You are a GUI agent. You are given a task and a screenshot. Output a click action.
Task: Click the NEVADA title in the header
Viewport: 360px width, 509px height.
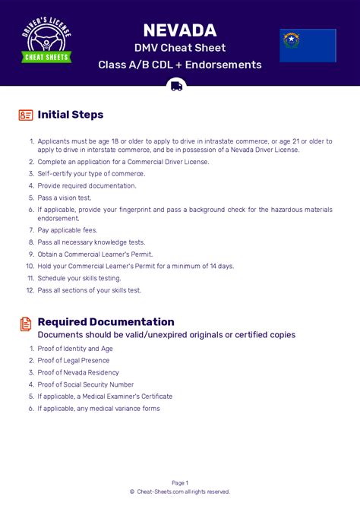[x=180, y=30]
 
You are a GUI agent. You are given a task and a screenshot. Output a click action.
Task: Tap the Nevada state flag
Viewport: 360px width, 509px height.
[x=308, y=45]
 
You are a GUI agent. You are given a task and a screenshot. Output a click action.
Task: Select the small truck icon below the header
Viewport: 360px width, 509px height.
[x=177, y=86]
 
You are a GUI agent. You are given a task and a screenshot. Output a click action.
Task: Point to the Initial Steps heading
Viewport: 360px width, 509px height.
[x=71, y=115]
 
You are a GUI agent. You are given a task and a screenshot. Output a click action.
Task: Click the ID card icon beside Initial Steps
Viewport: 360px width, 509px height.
[x=26, y=115]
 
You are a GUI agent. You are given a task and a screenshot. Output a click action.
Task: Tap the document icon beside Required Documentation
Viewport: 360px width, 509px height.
[x=26, y=324]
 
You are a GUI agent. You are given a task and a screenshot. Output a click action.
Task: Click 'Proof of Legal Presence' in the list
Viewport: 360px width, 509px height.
[x=74, y=361]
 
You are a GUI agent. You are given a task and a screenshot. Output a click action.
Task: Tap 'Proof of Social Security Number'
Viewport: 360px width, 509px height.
[x=85, y=384]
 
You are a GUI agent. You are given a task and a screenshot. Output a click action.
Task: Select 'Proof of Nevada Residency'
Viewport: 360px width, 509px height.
[x=78, y=372]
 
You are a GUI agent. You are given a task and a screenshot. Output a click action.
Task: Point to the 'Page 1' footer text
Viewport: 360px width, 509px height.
[x=180, y=482]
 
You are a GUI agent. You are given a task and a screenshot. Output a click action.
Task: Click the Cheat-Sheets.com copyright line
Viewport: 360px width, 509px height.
[x=180, y=492]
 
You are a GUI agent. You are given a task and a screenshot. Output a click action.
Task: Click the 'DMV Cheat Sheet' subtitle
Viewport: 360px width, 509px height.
[x=180, y=49]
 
